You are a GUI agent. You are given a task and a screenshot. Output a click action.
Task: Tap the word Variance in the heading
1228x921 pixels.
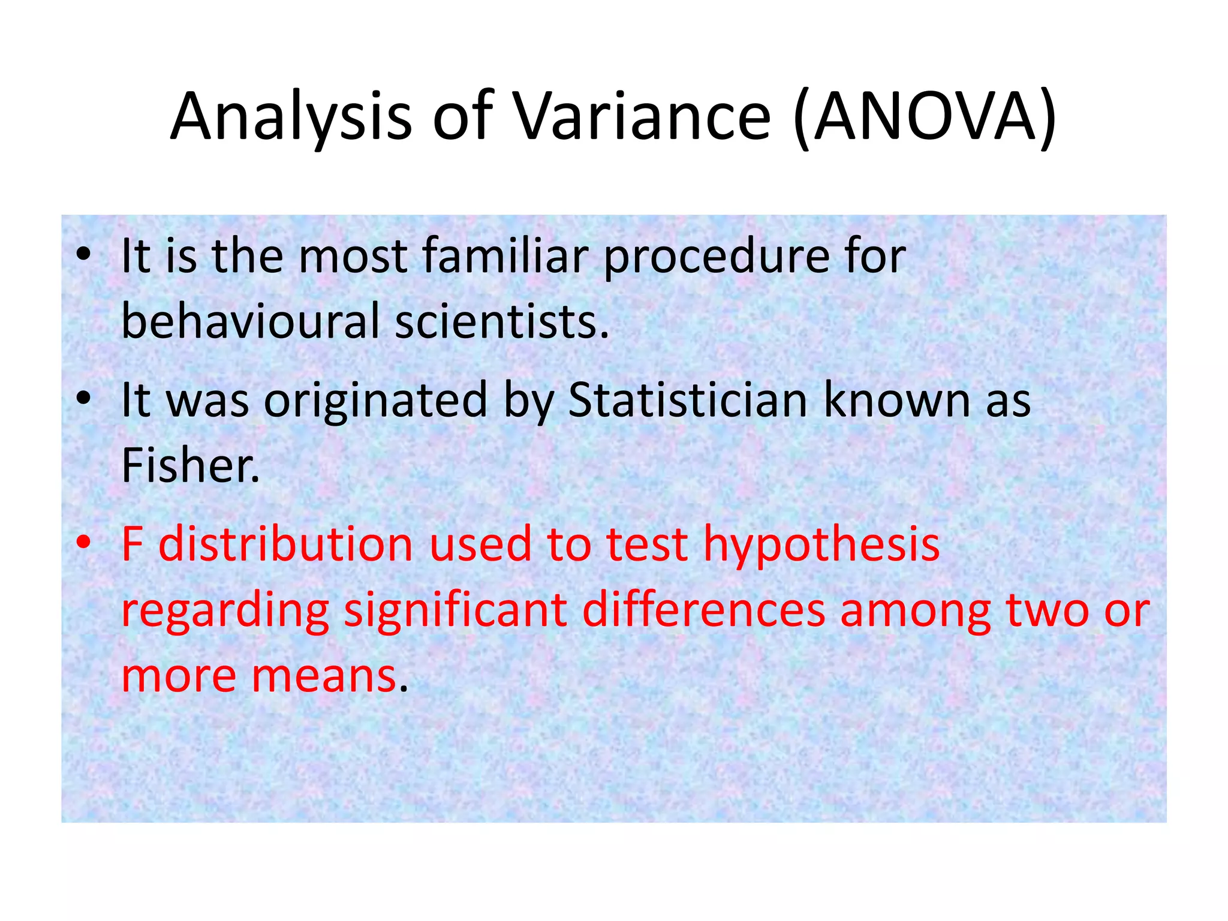pyautogui.click(x=642, y=117)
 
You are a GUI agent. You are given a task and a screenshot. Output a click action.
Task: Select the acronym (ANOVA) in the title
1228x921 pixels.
pyautogui.click(x=924, y=117)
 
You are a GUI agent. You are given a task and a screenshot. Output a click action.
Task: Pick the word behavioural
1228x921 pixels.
pyautogui.click(x=251, y=321)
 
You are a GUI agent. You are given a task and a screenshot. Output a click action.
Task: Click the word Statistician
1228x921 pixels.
pyautogui.click(x=687, y=400)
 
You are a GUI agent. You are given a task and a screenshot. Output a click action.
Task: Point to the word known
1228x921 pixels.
pyautogui.click(x=896, y=400)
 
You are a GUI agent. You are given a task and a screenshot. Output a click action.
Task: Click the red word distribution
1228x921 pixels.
pyautogui.click(x=286, y=544)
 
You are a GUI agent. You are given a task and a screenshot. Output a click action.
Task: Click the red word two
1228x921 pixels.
pyautogui.click(x=1047, y=610)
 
